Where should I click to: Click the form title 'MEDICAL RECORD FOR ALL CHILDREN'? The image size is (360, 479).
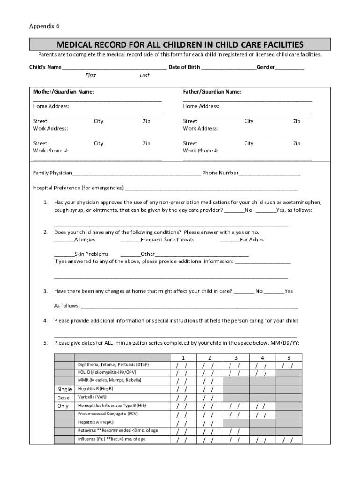180,45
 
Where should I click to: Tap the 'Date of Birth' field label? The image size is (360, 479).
184,67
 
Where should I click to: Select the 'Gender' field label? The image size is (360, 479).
265,67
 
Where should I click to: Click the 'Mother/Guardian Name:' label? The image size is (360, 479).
63,92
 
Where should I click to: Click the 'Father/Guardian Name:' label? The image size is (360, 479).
212,92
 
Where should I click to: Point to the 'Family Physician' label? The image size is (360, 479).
52,173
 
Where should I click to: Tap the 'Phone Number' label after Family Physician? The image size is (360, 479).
220,173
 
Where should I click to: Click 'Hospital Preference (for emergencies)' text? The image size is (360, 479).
78,188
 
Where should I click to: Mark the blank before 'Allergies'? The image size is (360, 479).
64,239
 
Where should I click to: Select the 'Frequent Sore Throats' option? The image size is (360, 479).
167,239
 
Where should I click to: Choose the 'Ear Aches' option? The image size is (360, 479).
252,239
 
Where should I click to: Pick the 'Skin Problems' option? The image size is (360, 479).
91,254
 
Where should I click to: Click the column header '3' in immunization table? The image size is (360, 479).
236,357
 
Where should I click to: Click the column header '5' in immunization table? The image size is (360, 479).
289,357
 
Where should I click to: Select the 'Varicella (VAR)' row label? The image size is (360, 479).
92,397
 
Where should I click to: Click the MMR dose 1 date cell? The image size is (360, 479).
182,381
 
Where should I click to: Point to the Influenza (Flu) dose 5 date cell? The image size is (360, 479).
289,440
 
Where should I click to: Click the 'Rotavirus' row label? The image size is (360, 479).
118,431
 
